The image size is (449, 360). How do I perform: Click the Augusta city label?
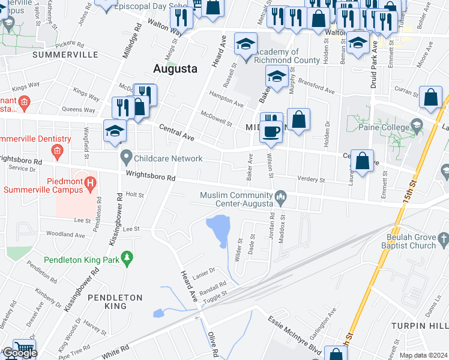[175, 68]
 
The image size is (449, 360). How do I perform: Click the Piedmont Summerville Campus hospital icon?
[90, 181]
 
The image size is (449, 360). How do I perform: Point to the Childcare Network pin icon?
[126, 158]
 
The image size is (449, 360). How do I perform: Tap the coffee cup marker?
[271, 131]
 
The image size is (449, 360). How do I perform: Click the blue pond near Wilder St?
[218, 229]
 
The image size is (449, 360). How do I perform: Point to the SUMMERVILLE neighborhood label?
[65, 55]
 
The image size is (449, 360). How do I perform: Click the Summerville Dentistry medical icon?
[57, 149]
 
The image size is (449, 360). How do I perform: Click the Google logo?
[19, 353]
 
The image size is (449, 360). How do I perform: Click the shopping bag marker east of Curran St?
[431, 97]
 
